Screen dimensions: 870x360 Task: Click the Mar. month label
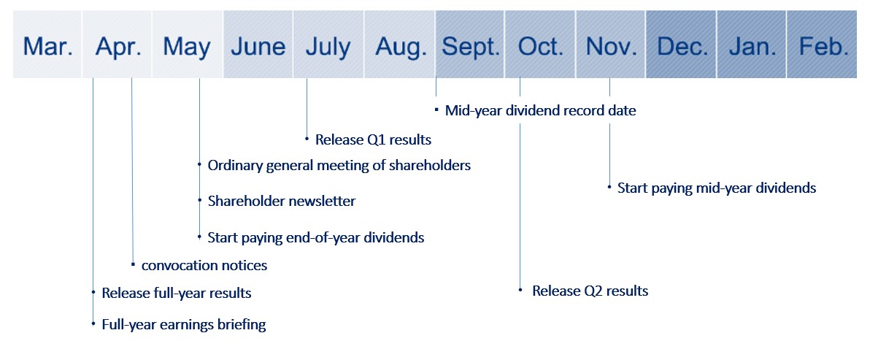coord(48,47)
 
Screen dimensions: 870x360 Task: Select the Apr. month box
coord(117,45)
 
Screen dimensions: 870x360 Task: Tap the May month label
coord(187,49)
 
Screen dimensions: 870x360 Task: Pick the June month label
coord(258,47)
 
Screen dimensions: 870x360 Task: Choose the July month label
coord(328,49)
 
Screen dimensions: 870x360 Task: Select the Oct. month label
coord(540,47)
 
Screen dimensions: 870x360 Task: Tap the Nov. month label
coord(611,47)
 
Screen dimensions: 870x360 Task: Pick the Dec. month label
coord(682,47)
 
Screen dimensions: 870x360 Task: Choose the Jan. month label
coord(752,47)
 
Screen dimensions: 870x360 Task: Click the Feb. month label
coord(823,47)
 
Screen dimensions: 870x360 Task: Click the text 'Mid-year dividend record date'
coord(540,111)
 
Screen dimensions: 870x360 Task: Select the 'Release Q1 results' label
coord(373,139)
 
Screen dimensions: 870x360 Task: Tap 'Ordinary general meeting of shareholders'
coord(339,165)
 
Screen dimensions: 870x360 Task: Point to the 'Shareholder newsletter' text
coord(281,201)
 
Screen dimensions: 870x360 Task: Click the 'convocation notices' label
coord(204,266)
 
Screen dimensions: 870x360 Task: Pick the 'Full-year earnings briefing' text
coord(184,324)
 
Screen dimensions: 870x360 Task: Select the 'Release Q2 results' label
coord(590,291)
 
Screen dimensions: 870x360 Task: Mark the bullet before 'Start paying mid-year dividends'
coord(609,188)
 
